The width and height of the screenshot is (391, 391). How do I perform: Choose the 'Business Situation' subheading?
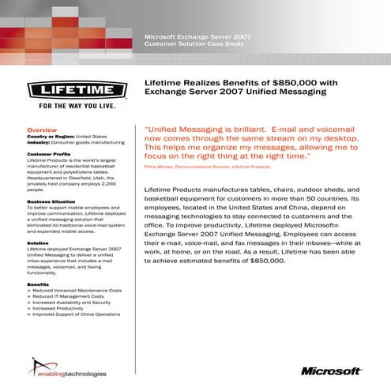coord(53,201)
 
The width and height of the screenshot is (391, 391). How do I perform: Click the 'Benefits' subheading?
coord(39,284)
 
